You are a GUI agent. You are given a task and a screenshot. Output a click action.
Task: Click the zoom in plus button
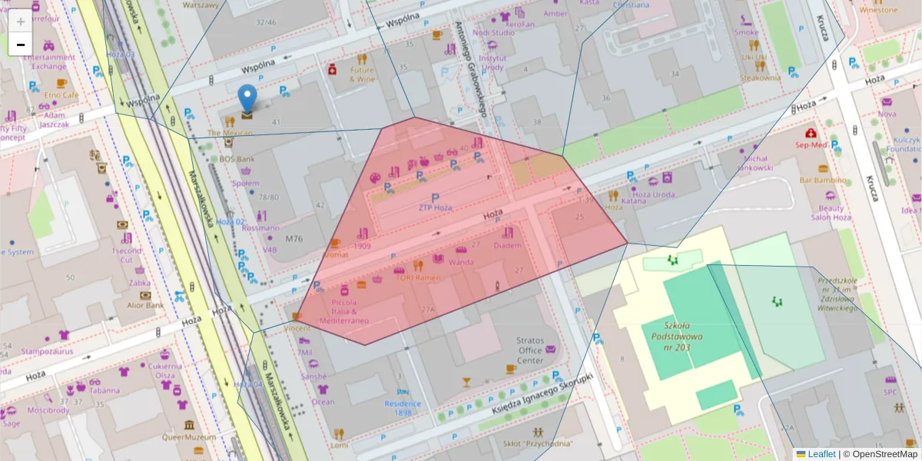coord(21,22)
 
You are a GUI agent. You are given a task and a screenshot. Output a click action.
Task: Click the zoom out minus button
coord(21,45)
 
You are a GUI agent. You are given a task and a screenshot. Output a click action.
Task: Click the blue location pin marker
coord(247,100)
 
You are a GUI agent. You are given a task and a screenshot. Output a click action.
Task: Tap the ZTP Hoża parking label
coord(435,207)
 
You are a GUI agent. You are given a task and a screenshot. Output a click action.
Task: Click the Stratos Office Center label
coord(530,350)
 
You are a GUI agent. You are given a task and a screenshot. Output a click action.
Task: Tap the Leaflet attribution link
coord(821,454)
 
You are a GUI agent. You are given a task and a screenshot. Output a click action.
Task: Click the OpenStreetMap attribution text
coord(881,454)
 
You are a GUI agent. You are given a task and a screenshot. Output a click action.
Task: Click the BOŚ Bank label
coord(237,159)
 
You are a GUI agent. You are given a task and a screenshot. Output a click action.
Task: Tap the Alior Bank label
coord(145,305)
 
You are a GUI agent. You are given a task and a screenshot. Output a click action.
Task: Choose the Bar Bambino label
coord(823,180)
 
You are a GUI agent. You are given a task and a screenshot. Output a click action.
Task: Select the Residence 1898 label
coord(403,408)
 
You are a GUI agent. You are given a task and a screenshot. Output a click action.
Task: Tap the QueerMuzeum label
coord(189,437)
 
